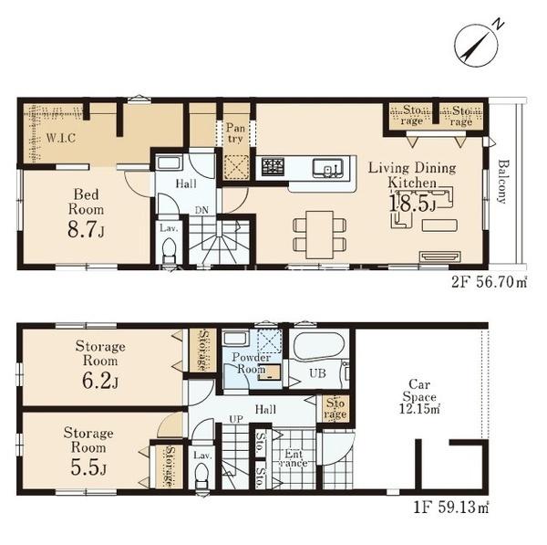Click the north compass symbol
477,45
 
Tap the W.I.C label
61,138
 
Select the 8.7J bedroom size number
86,230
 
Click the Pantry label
235,132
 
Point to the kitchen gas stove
273,167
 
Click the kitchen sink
327,168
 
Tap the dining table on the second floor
320,235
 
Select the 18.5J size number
412,204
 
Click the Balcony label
502,182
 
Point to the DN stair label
201,210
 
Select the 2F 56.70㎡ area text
489,281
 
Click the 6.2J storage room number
100,381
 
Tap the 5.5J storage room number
88,467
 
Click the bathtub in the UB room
319,345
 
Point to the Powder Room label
252,363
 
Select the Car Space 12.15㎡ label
419,396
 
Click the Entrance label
294,458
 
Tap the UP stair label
236,418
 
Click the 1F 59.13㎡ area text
450,508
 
